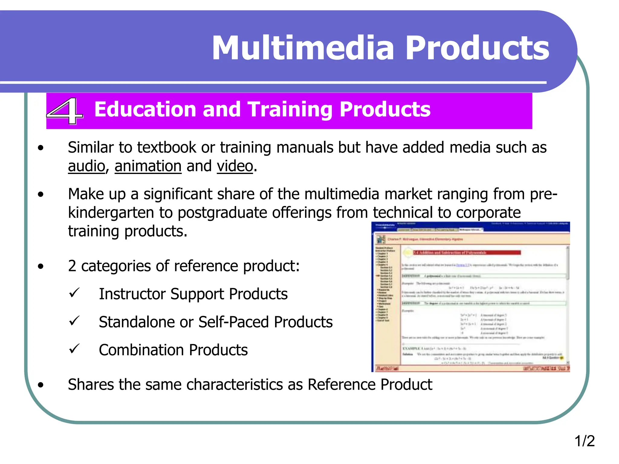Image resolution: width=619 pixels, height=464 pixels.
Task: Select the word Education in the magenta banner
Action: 145,109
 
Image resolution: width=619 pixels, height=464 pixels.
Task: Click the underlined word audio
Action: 86,166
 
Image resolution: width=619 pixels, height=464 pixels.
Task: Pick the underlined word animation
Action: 148,166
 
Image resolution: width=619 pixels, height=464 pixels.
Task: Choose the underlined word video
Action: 235,166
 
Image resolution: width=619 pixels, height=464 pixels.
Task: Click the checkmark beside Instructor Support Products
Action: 74,293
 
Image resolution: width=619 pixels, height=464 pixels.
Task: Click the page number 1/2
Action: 584,441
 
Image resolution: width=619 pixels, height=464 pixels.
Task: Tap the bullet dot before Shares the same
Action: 41,385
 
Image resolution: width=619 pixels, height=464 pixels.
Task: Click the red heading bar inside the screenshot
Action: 467,253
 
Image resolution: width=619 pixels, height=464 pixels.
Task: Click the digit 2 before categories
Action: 72,266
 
